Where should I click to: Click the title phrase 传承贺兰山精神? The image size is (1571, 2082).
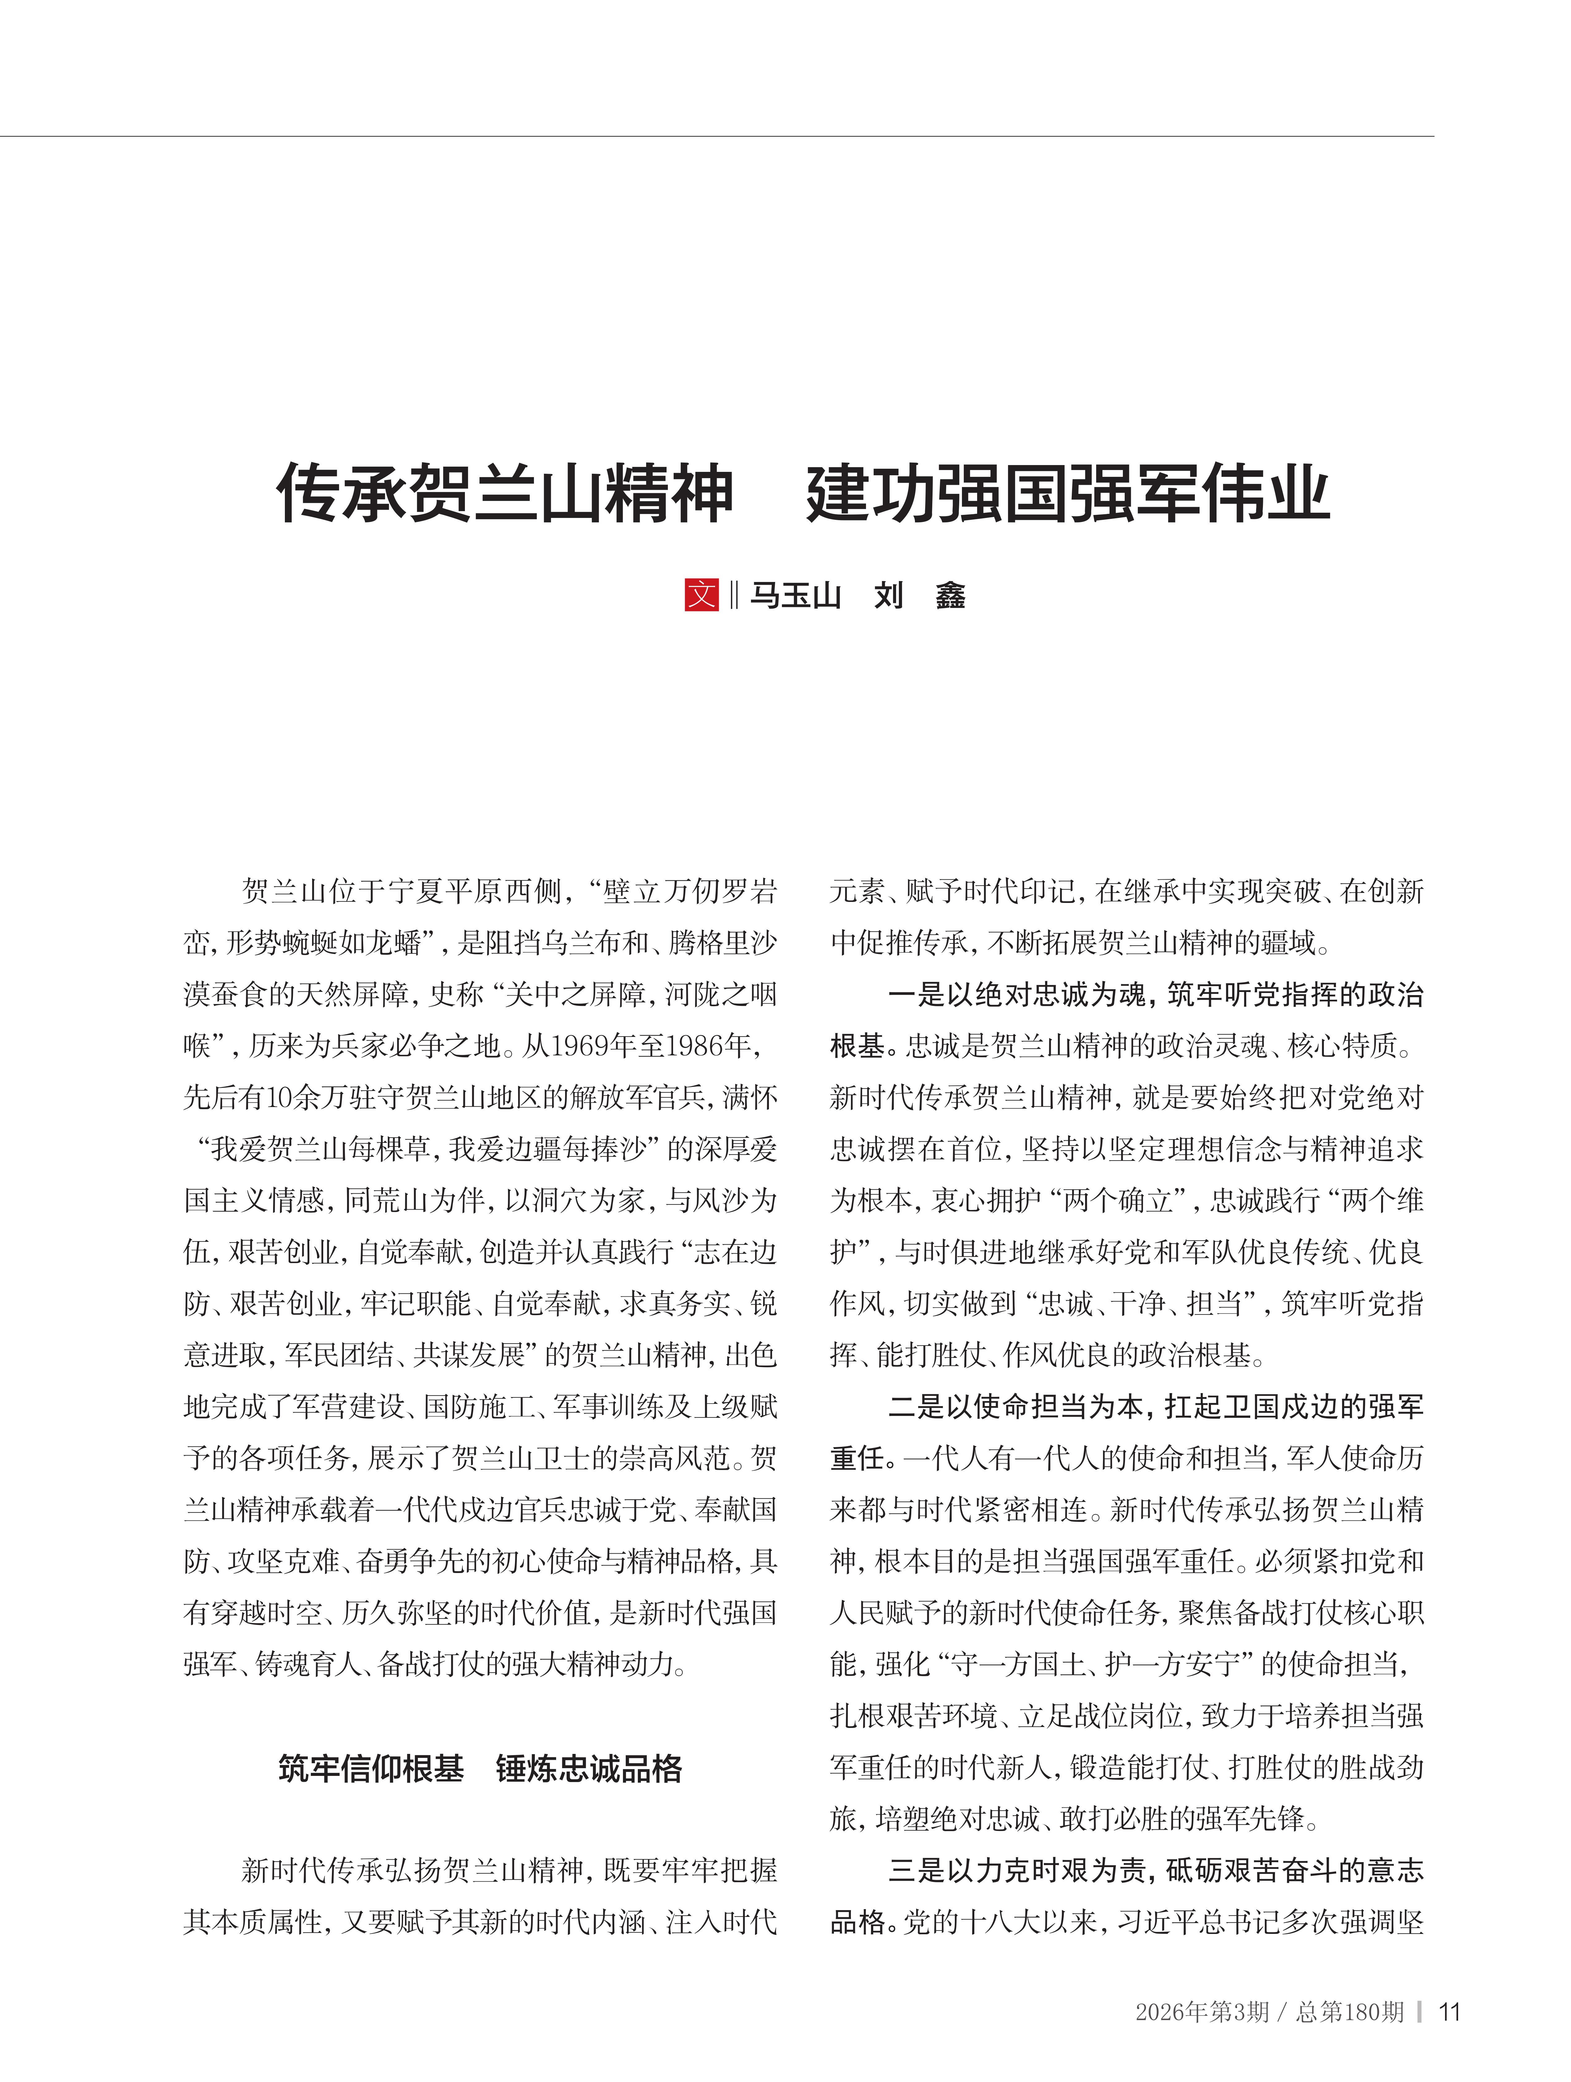[x=504, y=492]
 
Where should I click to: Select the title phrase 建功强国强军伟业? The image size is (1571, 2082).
[x=1067, y=492]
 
